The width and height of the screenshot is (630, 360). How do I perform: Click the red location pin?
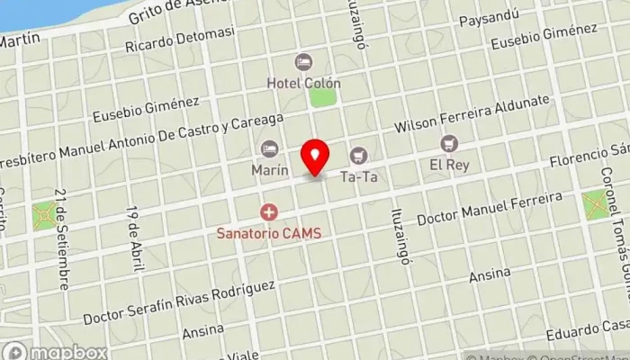[315, 157]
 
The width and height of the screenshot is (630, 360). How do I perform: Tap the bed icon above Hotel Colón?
[304, 61]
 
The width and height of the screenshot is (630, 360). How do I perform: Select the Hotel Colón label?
[303, 83]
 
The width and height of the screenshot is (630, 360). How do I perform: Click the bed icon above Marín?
[269, 148]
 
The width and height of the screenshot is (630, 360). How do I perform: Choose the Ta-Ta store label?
[358, 177]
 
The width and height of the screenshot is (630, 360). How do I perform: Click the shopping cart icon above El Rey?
[448, 143]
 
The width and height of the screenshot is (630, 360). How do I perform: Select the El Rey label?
[448, 165]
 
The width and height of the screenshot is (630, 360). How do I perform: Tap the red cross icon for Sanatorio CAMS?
[268, 212]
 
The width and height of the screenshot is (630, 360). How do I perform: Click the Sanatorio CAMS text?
[268, 232]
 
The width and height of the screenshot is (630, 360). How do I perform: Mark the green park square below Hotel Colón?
[322, 97]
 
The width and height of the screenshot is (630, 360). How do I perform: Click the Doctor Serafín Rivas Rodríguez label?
[179, 303]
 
